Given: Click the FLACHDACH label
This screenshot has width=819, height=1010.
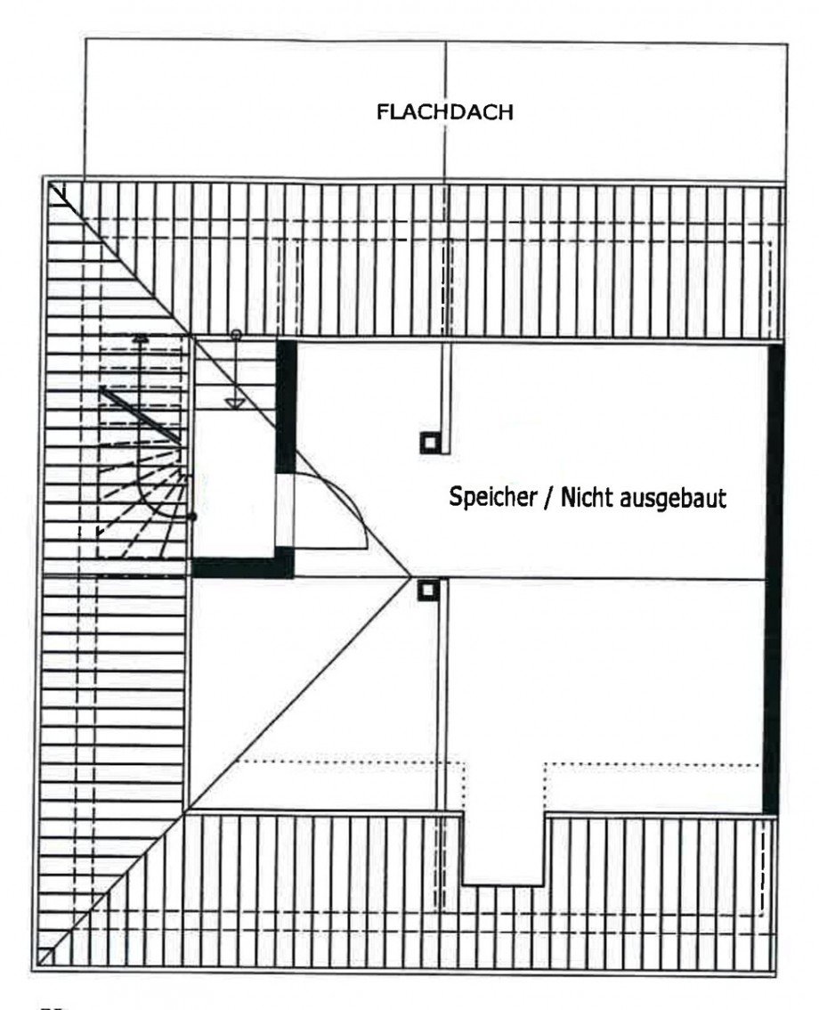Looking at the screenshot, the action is [x=445, y=112].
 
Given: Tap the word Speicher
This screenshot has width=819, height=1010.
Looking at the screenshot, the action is [x=492, y=497].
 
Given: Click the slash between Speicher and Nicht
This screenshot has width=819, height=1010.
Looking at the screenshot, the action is [x=549, y=498].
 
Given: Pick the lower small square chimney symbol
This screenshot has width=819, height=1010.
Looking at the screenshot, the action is [x=427, y=590].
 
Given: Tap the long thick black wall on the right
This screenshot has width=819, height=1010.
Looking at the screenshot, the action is [x=774, y=580].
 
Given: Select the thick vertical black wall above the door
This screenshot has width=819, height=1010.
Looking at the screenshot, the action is [x=286, y=407].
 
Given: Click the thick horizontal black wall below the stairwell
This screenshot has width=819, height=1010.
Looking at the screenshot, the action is [x=243, y=565].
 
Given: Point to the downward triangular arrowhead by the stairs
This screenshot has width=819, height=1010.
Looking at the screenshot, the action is [x=234, y=403].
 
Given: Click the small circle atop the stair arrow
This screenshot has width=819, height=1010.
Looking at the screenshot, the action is [x=236, y=334].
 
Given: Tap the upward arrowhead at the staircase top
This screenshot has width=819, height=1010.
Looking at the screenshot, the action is [x=141, y=337].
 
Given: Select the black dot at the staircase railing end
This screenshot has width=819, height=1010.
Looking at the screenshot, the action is [x=191, y=517].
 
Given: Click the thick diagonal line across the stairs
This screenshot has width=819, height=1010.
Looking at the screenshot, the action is [x=141, y=415].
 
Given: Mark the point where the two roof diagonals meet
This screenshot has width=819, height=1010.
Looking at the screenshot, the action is [x=410, y=575].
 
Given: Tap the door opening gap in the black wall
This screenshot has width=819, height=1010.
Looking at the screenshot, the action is [x=285, y=511].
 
